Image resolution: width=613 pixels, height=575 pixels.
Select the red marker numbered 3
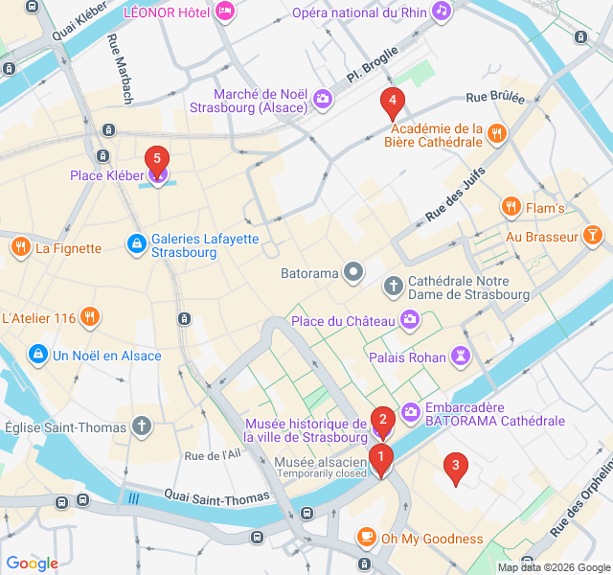pos(455,468)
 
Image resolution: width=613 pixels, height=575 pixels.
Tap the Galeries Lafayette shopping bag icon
pos(137,245)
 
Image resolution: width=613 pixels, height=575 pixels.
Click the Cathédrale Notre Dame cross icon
pos(393,287)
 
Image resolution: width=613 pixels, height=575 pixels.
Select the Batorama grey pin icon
pos(353,273)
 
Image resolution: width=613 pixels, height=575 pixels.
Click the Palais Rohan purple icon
pos(462,356)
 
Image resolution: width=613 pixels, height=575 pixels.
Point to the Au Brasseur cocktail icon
pos(593,237)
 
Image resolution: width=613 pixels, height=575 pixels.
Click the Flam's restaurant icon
pos(511,207)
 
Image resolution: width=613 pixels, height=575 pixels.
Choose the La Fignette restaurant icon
pos(20,248)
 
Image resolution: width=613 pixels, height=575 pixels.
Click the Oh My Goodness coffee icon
pos(366,538)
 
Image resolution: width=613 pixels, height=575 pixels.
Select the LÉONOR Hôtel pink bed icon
pos(225,11)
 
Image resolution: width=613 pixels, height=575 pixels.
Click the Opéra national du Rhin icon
pos(441,11)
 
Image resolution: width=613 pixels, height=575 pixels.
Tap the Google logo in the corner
pos(32,563)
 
